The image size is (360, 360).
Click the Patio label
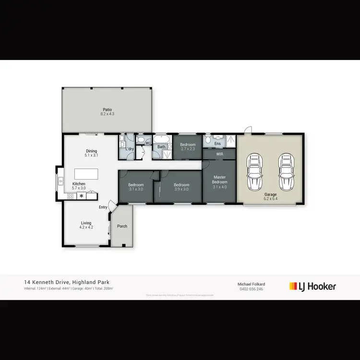coord(107,109)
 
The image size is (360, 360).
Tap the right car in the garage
coord(286,172)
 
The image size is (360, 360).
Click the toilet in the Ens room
coord(207,140)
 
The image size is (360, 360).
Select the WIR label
coord(219,154)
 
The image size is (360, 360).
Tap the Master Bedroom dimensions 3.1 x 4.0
coord(219,186)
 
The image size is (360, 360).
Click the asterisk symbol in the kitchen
coord(81,196)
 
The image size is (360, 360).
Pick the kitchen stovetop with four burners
coord(70,196)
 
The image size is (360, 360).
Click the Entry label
coord(103,207)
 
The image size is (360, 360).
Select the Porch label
coord(122,226)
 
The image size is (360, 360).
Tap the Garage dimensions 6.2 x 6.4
coord(271,198)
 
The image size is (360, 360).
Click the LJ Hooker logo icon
coord(292,286)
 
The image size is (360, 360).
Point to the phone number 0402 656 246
coord(252,289)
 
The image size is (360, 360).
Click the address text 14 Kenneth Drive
coord(45,283)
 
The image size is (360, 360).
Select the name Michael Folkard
coord(252,284)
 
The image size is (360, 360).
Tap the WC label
coord(148,143)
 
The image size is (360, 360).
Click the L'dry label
coord(129,149)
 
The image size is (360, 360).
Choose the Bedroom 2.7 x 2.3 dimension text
coord(188,149)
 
